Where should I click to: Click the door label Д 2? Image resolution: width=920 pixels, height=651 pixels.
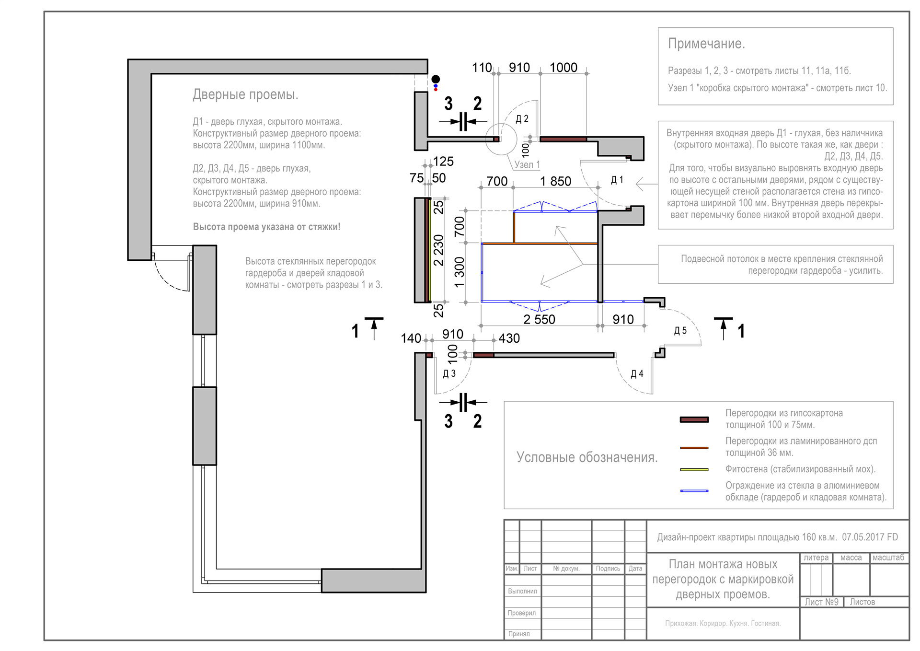click(522, 119)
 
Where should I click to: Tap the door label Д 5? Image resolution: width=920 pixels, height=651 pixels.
click(680, 331)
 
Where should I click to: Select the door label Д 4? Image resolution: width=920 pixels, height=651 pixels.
click(637, 374)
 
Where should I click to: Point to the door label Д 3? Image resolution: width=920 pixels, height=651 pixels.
click(449, 374)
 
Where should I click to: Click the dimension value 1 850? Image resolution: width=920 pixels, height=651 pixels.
click(555, 181)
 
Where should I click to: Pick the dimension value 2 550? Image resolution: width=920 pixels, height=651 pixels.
click(539, 319)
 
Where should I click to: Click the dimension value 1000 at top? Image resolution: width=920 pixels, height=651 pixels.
click(563, 68)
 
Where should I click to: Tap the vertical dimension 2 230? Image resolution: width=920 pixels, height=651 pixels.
click(438, 250)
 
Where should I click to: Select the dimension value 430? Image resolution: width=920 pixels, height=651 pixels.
click(509, 338)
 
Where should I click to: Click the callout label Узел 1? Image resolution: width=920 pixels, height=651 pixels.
click(527, 165)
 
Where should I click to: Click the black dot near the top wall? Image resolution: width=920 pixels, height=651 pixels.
click(436, 79)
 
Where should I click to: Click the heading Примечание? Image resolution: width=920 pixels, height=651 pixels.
click(706, 44)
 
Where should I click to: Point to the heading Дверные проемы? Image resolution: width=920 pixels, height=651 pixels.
click(245, 94)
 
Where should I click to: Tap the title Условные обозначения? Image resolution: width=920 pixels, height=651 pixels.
click(586, 457)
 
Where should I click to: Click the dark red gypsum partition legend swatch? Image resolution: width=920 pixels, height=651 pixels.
click(694, 419)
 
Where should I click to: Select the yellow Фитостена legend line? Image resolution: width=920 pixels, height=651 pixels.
click(694, 469)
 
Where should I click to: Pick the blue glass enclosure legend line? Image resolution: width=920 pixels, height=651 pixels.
click(694, 491)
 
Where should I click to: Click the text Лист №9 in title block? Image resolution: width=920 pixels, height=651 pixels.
click(821, 602)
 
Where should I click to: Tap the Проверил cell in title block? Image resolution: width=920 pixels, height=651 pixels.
click(522, 613)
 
